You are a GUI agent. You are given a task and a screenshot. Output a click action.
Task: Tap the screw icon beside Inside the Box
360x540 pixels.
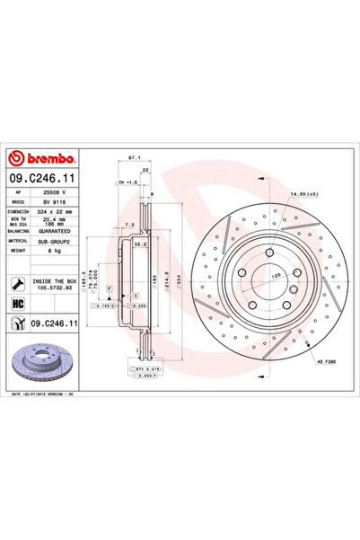pyautogui.click(x=18, y=285)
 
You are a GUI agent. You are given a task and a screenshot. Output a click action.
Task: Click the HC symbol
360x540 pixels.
pyautogui.click(x=18, y=305)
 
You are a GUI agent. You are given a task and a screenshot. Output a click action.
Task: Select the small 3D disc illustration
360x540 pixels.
pyautogui.click(x=43, y=363)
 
